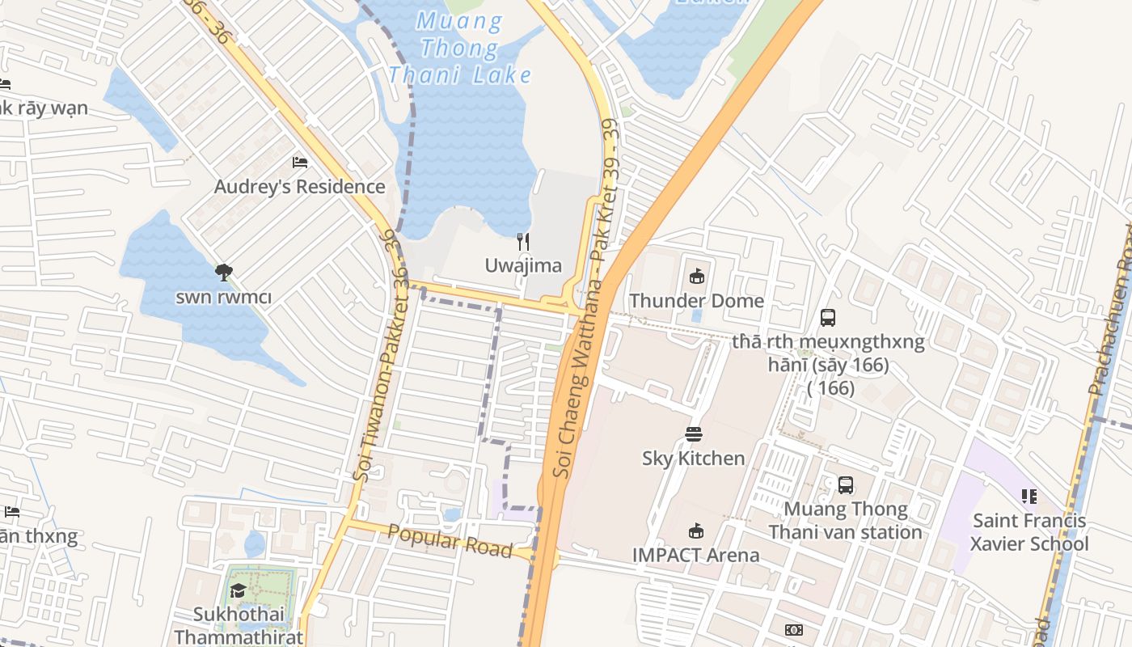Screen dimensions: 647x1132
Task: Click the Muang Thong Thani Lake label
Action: coord(460,49)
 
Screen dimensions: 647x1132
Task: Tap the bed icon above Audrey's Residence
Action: coord(300,162)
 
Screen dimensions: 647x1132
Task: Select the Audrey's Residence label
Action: coord(299,187)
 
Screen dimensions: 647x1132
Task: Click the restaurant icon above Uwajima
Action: coord(523,241)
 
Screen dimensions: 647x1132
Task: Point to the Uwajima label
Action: coord(523,265)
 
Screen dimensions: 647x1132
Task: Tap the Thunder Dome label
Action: coord(696,301)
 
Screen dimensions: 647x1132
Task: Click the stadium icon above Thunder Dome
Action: coord(696,277)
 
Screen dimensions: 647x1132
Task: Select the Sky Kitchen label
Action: coord(693,458)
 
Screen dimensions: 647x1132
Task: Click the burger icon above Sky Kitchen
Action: coord(693,434)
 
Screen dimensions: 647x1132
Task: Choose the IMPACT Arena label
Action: coord(695,555)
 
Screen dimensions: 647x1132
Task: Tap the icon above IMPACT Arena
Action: coord(695,531)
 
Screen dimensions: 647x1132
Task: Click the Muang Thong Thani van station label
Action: coord(845,520)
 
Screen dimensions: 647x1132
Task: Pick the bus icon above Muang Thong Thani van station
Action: coord(845,485)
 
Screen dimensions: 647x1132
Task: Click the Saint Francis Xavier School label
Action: coord(1029,531)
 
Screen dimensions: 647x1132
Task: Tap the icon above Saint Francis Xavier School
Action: coord(1029,496)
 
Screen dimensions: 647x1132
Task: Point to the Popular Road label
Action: coord(450,541)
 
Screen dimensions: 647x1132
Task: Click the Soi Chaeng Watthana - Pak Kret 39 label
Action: coord(585,299)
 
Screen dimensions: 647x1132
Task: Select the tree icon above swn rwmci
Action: coord(224,273)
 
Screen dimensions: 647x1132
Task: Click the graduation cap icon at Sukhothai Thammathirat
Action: coord(238,590)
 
